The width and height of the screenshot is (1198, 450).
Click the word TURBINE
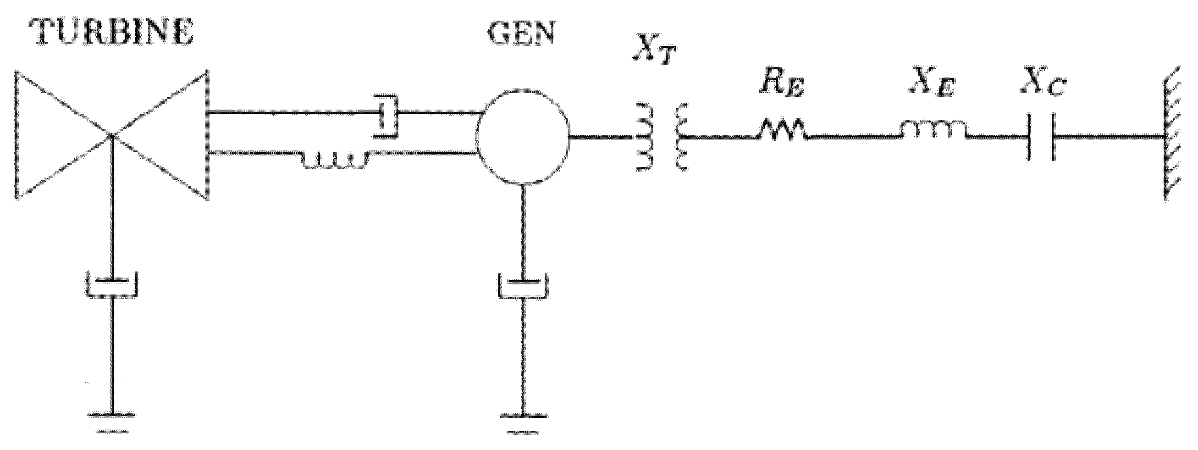111,33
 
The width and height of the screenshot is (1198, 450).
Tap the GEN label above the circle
521,33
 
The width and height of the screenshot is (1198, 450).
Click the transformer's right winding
682,138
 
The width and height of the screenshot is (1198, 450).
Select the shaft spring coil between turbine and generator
335,159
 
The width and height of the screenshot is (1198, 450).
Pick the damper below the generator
523,286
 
